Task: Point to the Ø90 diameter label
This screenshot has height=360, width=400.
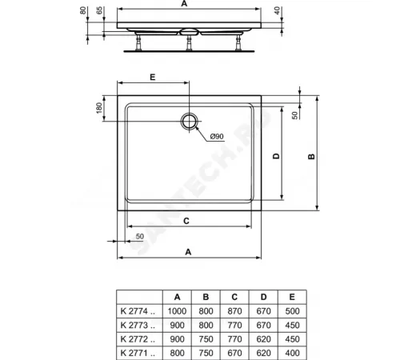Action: click(217, 137)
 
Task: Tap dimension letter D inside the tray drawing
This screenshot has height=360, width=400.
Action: click(274, 157)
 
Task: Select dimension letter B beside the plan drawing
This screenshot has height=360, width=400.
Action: click(310, 157)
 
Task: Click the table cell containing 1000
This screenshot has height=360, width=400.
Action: click(178, 310)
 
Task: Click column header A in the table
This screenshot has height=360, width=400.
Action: click(178, 297)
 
